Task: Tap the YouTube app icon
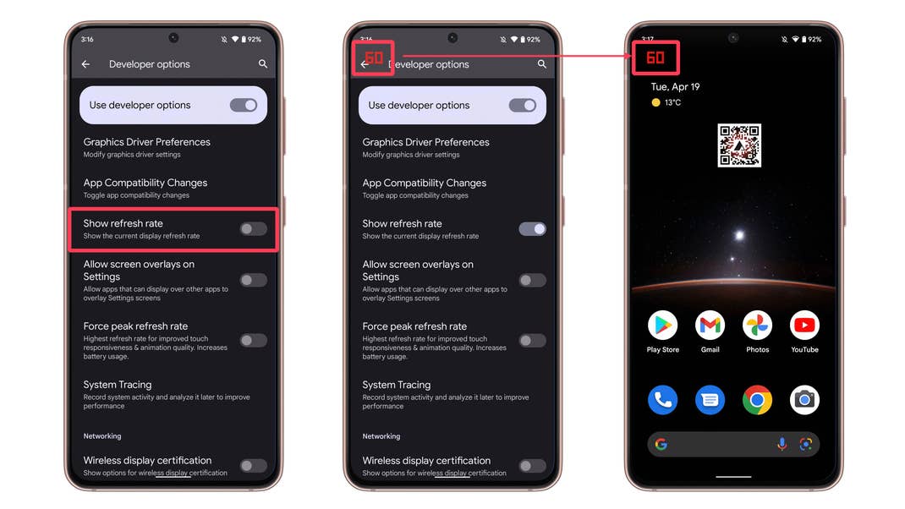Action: [x=804, y=325]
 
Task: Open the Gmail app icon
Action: [x=710, y=325]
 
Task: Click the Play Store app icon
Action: [x=663, y=325]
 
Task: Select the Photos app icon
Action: [x=757, y=325]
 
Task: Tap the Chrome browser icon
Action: [x=757, y=400]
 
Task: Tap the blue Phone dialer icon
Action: [x=663, y=400]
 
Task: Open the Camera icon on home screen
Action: [x=804, y=400]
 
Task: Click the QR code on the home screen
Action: [x=739, y=145]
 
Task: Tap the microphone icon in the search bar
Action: [x=782, y=444]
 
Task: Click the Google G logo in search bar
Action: [x=661, y=444]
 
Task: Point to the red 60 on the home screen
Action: [x=655, y=58]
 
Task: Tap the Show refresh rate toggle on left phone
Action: [x=253, y=229]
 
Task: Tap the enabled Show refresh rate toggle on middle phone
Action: [x=532, y=229]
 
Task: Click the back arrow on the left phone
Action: [x=85, y=64]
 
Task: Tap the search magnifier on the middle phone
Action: [x=541, y=64]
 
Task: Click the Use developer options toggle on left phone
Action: [x=244, y=106]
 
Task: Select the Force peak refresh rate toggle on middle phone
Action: [x=532, y=341]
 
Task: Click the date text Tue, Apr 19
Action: [x=675, y=87]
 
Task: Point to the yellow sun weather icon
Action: [x=655, y=103]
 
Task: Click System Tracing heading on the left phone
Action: [x=118, y=385]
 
